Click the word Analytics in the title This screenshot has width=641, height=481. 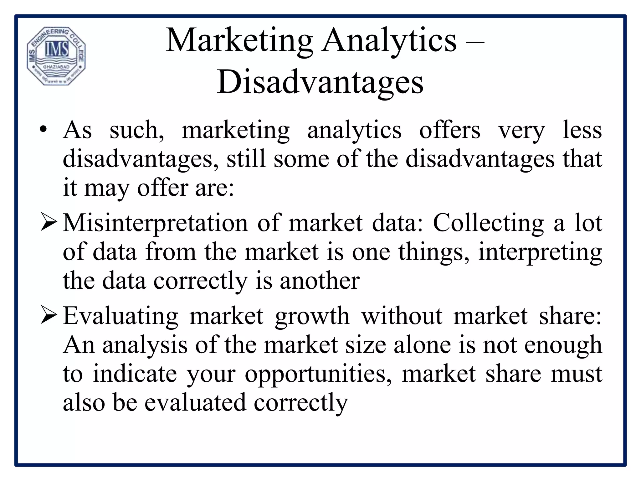tap(389, 41)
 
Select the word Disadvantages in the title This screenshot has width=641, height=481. tap(320, 82)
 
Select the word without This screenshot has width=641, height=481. tap(402, 316)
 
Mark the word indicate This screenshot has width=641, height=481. tap(135, 374)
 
